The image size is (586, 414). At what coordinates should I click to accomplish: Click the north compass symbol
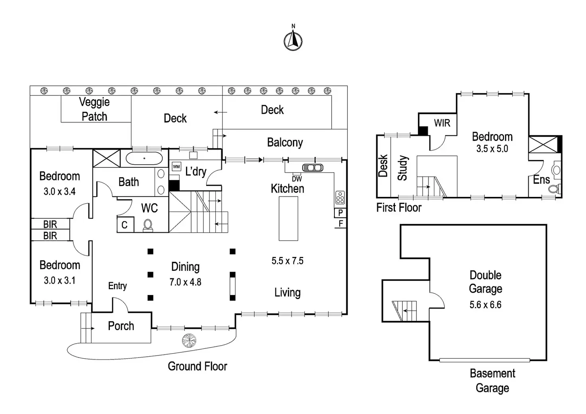click(x=293, y=41)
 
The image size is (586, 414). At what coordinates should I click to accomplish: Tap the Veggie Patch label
click(x=94, y=109)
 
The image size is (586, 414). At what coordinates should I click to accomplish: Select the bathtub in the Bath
click(x=144, y=158)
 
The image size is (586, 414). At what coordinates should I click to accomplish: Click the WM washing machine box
click(x=176, y=167)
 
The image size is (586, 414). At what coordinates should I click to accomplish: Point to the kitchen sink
click(x=313, y=167)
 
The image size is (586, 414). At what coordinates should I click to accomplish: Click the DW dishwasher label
click(x=297, y=179)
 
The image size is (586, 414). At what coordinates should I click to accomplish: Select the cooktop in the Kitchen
click(x=340, y=197)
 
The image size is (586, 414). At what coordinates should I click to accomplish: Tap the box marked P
click(x=340, y=213)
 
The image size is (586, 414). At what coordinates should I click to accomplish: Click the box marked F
click(x=340, y=224)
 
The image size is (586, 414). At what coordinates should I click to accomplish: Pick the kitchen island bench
click(x=288, y=218)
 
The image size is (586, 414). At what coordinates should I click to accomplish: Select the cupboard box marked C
click(x=125, y=225)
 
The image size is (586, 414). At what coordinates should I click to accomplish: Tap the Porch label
click(x=121, y=326)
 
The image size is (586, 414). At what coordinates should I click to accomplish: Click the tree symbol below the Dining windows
click(x=189, y=341)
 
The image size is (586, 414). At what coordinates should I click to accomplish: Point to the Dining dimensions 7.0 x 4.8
click(x=186, y=282)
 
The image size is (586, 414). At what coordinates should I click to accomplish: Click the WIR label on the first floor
click(x=442, y=123)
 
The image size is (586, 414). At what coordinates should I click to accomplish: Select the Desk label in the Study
click(x=383, y=165)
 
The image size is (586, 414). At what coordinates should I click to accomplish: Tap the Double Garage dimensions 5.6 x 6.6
click(x=485, y=305)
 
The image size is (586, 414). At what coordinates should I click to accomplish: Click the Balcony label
click(x=285, y=142)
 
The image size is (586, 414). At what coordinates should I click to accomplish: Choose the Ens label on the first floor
click(x=541, y=180)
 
